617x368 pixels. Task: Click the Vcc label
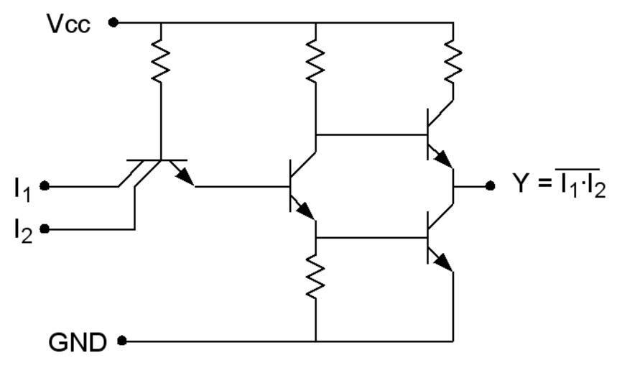tap(69, 24)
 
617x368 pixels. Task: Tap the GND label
tap(78, 342)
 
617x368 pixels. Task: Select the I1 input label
tap(22, 188)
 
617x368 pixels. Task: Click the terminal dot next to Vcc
tap(113, 22)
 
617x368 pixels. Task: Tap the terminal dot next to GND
tap(122, 340)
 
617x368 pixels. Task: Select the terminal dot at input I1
tap(45, 186)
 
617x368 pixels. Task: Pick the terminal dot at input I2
tap(45, 229)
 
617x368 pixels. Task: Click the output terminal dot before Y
tap(490, 185)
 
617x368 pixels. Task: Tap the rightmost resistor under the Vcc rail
tap(453, 62)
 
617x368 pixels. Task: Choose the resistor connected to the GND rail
tap(315, 277)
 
